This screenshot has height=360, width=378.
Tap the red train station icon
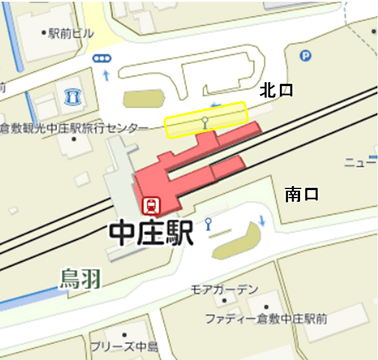click(x=152, y=205)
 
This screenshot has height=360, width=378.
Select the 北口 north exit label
click(x=276, y=90)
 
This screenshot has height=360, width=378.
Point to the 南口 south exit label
click(x=301, y=195)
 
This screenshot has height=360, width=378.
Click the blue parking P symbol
click(x=305, y=55)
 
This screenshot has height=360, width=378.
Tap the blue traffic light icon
click(x=102, y=58)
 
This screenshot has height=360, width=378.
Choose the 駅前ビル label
click(x=68, y=33)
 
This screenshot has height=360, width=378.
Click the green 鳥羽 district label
click(x=80, y=279)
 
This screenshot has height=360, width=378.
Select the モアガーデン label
click(x=225, y=289)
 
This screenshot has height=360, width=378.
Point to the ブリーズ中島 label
click(x=124, y=346)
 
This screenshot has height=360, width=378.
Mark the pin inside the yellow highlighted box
click(x=205, y=121)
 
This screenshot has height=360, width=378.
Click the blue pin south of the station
click(x=208, y=223)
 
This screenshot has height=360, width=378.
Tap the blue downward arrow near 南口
click(x=262, y=220)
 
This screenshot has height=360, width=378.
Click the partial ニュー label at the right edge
click(x=361, y=163)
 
